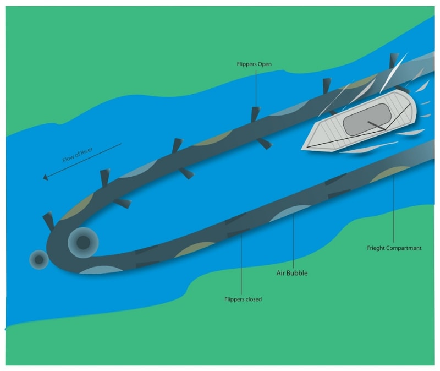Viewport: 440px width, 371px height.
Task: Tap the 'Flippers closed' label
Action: tap(243, 299)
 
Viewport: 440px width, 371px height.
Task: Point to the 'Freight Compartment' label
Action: tap(394, 248)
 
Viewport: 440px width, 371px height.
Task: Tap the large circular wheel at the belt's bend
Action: tap(83, 242)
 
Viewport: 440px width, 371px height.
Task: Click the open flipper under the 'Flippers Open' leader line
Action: tap(255, 114)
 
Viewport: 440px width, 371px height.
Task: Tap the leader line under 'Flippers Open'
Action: tap(256, 88)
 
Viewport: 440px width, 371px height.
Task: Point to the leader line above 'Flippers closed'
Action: tap(242, 264)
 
